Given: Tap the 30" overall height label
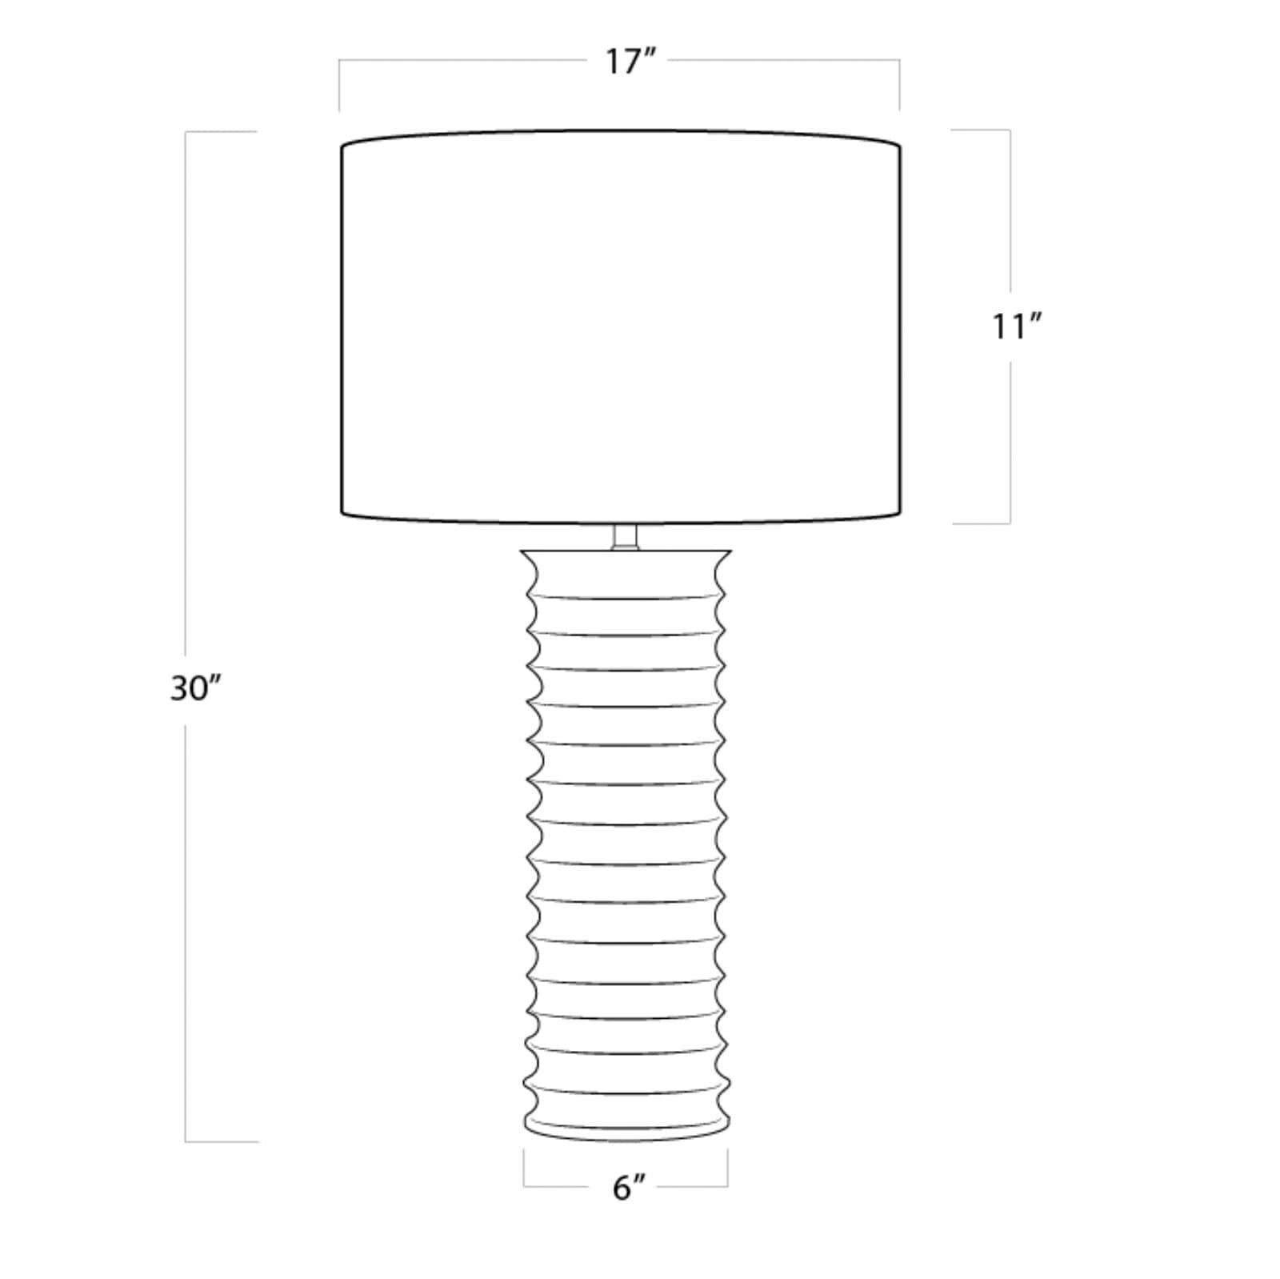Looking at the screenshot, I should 194,688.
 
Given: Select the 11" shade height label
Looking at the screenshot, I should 1016,327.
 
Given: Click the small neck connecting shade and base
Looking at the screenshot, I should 625,537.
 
